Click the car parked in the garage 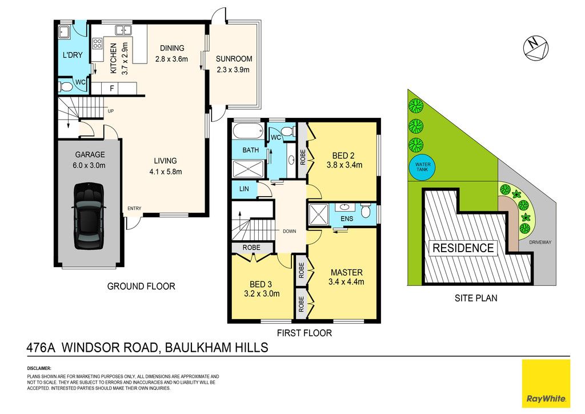click(x=89, y=216)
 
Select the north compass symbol click(x=535, y=48)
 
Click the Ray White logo click(x=546, y=383)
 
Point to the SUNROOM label click(x=234, y=58)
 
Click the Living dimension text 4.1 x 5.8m click(x=165, y=172)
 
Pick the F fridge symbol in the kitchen click(x=111, y=89)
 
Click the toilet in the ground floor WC click(x=65, y=87)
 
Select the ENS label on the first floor click(x=347, y=218)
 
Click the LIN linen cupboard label click(x=244, y=189)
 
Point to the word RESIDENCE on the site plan click(x=463, y=248)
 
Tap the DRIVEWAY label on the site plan click(x=540, y=242)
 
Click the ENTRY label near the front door click(x=134, y=208)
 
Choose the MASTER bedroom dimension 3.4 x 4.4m click(x=346, y=282)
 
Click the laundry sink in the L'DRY click(x=63, y=32)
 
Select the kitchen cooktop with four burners click(x=97, y=43)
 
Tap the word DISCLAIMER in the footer click(x=39, y=368)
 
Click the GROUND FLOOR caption click(x=141, y=286)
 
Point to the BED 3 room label click(x=261, y=284)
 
